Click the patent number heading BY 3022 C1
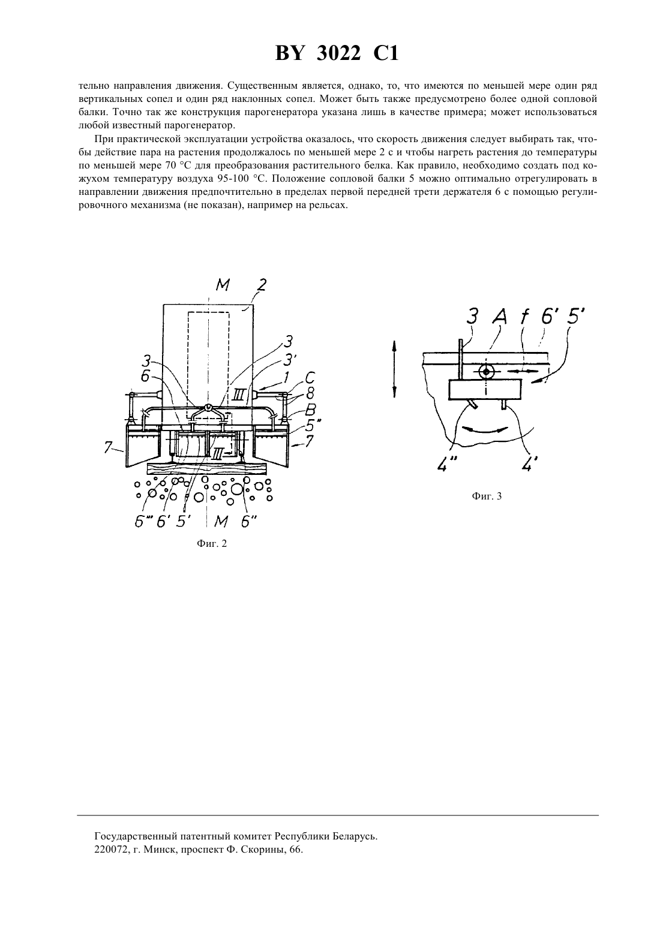337,54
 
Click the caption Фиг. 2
212,544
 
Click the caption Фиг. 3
487,496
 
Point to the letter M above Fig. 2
223,285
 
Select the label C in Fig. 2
310,378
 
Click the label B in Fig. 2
310,410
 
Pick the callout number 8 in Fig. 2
310,393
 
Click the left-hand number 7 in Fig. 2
108,448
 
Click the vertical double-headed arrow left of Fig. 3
394,369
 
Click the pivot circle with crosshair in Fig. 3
486,371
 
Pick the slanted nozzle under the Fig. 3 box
473,404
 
